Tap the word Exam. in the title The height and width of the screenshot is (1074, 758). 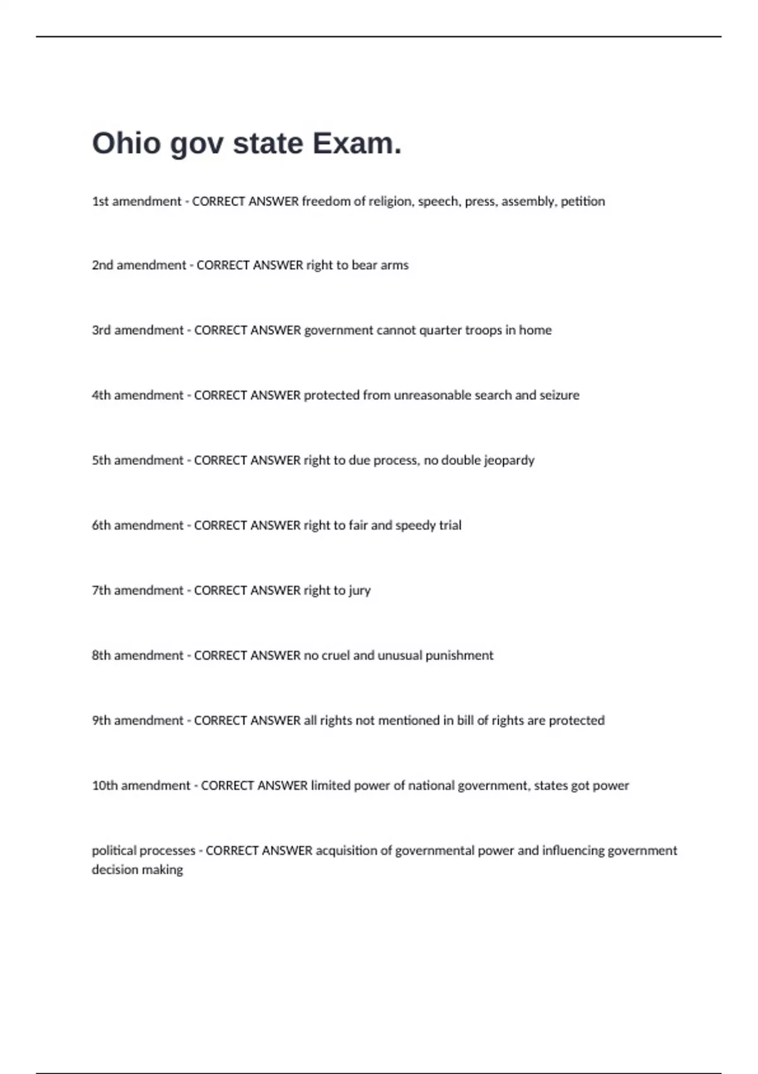pyautogui.click(x=357, y=143)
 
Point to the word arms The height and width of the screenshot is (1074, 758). pyautogui.click(x=394, y=265)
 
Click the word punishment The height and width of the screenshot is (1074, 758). pyautogui.click(x=459, y=656)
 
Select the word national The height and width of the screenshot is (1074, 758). pyautogui.click(x=431, y=786)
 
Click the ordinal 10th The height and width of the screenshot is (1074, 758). pyautogui.click(x=105, y=786)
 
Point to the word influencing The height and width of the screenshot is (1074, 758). pyautogui.click(x=573, y=851)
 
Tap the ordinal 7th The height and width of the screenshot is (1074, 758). pyautogui.click(x=101, y=591)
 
